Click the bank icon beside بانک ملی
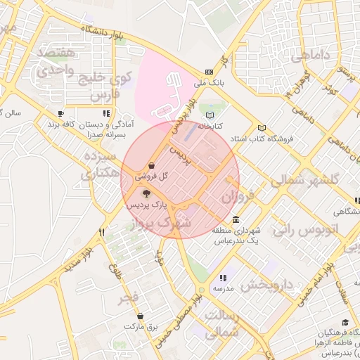pos(210,72)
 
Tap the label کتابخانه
pos(209,126)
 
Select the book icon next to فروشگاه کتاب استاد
pos(262,128)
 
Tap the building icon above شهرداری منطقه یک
pos(235,219)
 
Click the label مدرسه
pos(223,289)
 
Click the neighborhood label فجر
pos(128,298)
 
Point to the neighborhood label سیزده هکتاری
pos(100,164)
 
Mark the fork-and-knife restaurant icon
pos(101,232)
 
